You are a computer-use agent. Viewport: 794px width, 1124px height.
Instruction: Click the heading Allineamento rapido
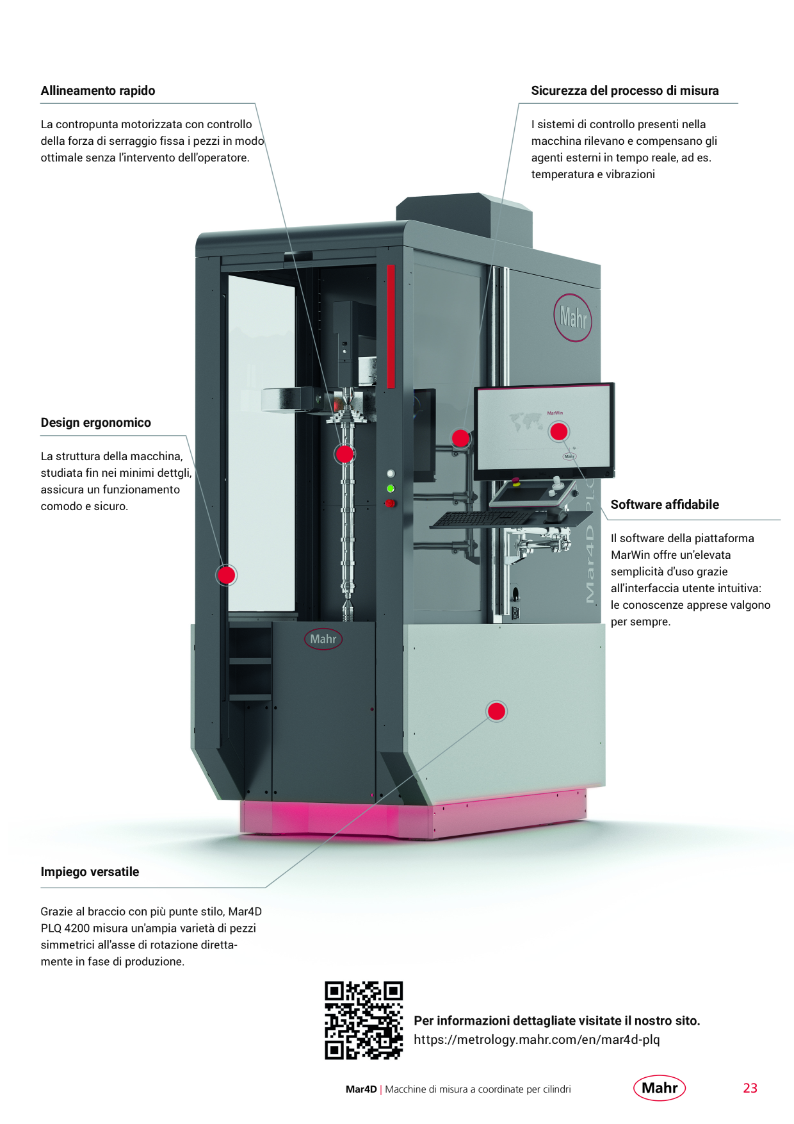coord(98,91)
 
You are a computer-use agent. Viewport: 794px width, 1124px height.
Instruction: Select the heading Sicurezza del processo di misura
coord(625,91)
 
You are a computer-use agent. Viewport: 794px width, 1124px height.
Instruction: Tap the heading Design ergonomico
coord(96,423)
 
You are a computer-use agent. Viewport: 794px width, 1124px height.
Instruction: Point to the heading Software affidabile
coord(665,505)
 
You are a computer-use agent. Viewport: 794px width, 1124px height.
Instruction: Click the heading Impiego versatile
coord(90,872)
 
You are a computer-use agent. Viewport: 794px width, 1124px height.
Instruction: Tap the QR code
coord(364,1020)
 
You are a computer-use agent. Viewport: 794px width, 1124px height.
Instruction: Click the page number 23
coord(750,1088)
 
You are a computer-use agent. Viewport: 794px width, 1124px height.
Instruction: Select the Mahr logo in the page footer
coord(660,1087)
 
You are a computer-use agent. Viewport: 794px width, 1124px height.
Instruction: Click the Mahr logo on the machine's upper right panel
coord(572,317)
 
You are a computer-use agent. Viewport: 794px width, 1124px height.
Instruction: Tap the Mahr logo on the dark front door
coord(323,639)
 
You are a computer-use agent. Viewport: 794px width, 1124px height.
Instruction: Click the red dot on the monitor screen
coord(559,431)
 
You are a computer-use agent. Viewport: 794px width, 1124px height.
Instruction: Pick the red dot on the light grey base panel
coord(497,711)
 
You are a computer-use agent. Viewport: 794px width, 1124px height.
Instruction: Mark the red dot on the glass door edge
coord(226,575)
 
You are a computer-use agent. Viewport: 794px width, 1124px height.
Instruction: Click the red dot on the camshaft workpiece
coord(344,454)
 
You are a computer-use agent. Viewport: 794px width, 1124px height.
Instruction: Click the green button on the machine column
coord(390,488)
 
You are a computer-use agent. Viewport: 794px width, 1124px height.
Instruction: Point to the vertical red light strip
coord(391,326)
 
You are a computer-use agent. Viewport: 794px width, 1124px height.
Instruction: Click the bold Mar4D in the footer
coord(361,1089)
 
